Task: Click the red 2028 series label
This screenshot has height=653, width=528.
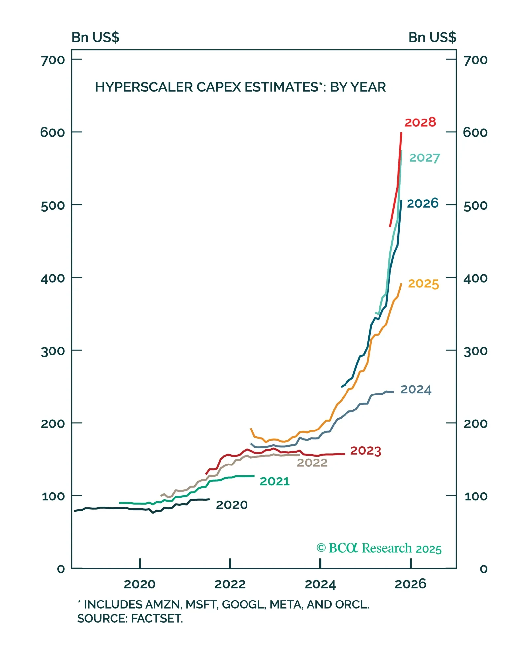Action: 420,122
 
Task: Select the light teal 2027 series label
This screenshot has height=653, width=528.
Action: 424,158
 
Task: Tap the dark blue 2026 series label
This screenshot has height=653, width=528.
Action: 422,203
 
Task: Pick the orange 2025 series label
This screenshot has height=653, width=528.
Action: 423,284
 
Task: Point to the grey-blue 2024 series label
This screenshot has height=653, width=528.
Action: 415,390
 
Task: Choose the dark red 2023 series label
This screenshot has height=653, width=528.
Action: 365,451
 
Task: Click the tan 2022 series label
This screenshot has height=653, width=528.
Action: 312,463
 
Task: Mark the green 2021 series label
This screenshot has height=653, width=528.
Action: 275,481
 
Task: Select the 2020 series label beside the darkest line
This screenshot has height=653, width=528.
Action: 232,505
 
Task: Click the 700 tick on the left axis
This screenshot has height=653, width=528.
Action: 53,60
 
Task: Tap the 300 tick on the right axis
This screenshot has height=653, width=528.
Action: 475,351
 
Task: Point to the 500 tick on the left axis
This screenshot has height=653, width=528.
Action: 53,206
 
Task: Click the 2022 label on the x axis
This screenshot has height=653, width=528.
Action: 230,584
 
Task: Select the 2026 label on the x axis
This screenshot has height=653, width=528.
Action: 410,584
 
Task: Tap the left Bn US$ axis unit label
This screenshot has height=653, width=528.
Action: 95,37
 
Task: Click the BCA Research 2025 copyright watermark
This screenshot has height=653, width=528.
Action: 379,548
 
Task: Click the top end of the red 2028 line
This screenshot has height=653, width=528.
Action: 401,133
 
